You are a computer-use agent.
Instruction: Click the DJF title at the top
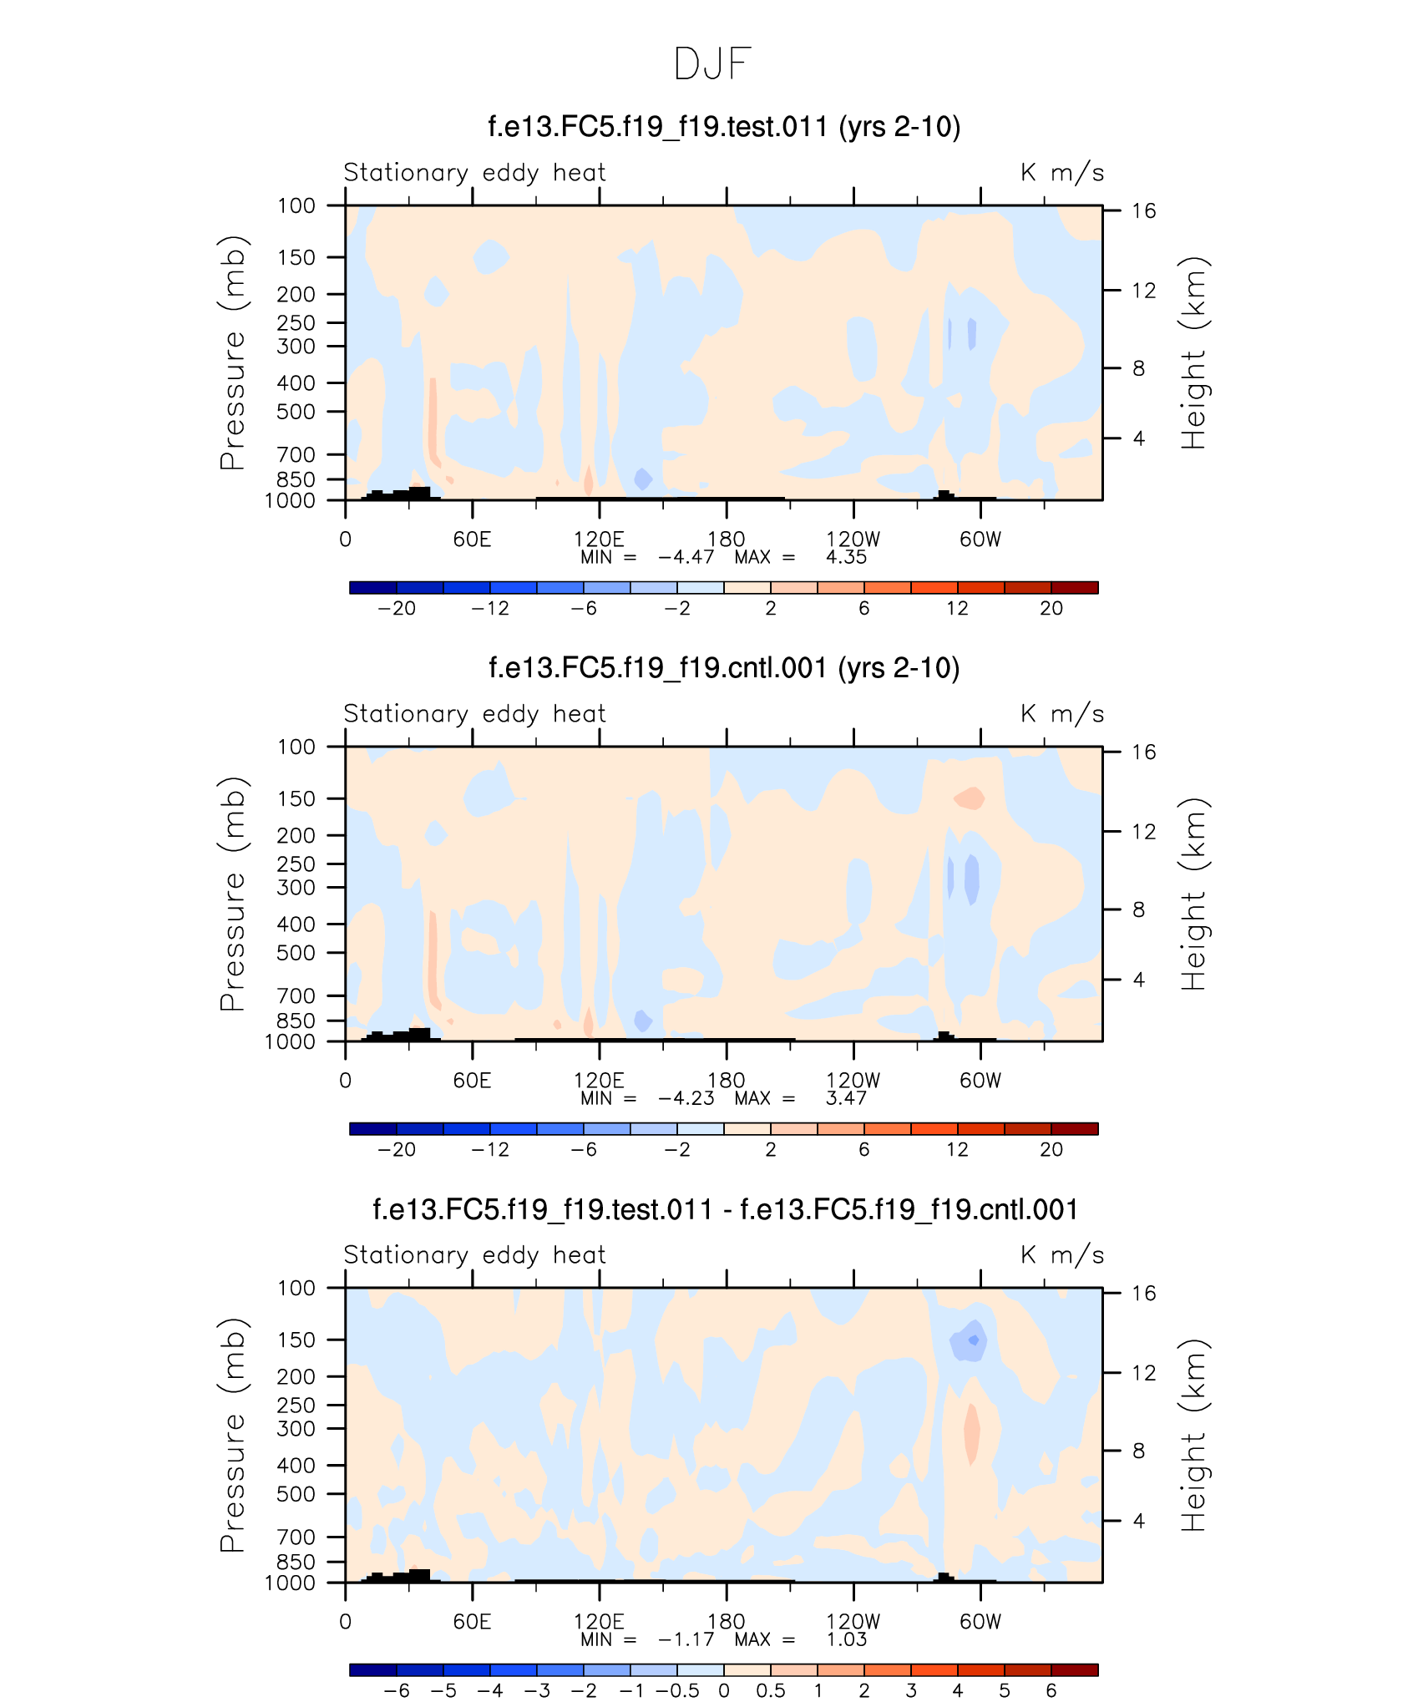(712, 64)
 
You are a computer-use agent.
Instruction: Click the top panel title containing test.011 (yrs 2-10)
(723, 127)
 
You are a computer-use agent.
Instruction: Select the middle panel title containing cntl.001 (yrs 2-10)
(723, 668)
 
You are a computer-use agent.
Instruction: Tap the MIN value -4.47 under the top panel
(686, 557)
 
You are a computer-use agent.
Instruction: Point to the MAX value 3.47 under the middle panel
(846, 1098)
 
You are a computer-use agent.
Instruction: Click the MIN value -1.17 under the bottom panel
(686, 1639)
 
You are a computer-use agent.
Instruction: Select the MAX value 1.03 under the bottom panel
(846, 1639)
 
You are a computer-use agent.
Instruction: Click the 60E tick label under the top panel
(472, 539)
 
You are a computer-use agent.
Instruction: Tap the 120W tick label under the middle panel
(853, 1081)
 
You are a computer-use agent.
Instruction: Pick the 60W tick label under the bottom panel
(980, 1622)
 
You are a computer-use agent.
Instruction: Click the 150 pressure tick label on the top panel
(296, 257)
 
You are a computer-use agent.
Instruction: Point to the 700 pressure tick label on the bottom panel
(296, 1537)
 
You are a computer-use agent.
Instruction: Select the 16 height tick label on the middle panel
(1143, 752)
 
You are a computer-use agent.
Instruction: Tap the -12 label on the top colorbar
(489, 608)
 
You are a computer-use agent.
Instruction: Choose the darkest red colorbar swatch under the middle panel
(1074, 1128)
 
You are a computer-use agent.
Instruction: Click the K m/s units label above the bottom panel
(1061, 1255)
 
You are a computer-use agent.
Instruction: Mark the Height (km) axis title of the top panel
(1194, 352)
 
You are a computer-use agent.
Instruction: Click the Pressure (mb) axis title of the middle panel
(233, 894)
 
